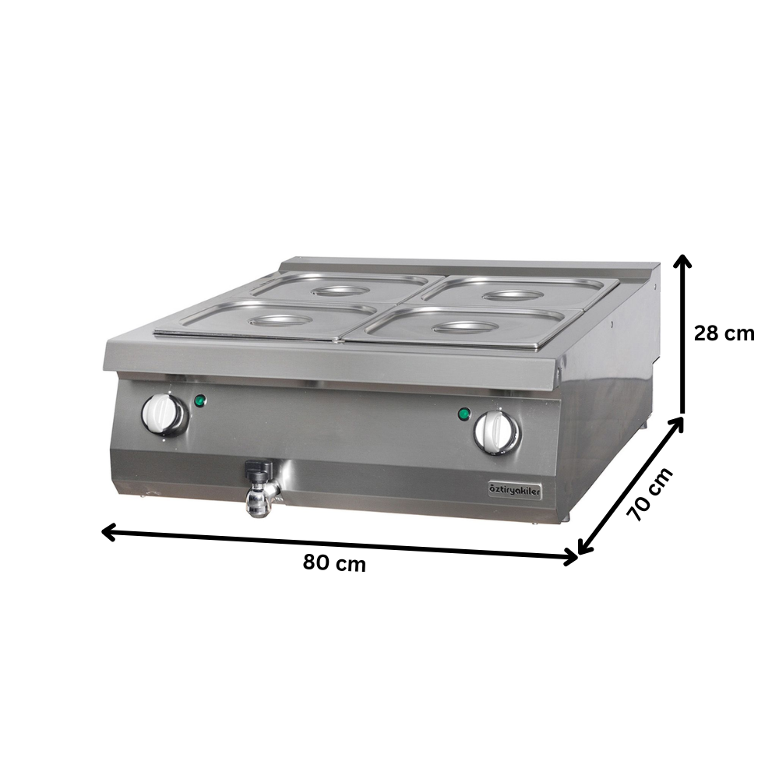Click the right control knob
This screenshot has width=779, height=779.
pos(495,431)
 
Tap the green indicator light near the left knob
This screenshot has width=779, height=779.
pos(200,401)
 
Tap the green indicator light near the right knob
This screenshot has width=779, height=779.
pos(464,413)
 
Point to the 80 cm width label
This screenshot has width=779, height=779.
pos(334,563)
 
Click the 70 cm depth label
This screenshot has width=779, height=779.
pos(648,495)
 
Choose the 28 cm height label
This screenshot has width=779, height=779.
pos(724,333)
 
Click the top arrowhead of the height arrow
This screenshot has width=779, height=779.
pos(683,260)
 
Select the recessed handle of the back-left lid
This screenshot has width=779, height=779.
pos(339,291)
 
